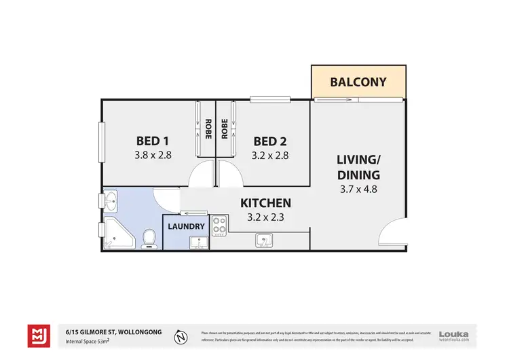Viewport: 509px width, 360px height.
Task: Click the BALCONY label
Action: [358, 82]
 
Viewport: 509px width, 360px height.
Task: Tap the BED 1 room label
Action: [153, 141]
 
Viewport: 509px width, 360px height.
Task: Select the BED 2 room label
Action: [269, 141]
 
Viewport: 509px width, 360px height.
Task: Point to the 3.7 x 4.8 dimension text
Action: [358, 190]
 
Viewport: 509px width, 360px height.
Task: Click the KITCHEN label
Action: [267, 202]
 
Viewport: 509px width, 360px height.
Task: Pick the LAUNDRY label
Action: [186, 226]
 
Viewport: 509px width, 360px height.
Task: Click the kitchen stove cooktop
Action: [219, 224]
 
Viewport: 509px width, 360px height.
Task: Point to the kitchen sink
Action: [264, 239]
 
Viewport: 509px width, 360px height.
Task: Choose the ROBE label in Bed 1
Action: [207, 129]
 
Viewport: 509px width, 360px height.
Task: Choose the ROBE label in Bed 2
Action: [225, 129]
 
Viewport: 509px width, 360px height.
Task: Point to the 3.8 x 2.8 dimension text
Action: [153, 155]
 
